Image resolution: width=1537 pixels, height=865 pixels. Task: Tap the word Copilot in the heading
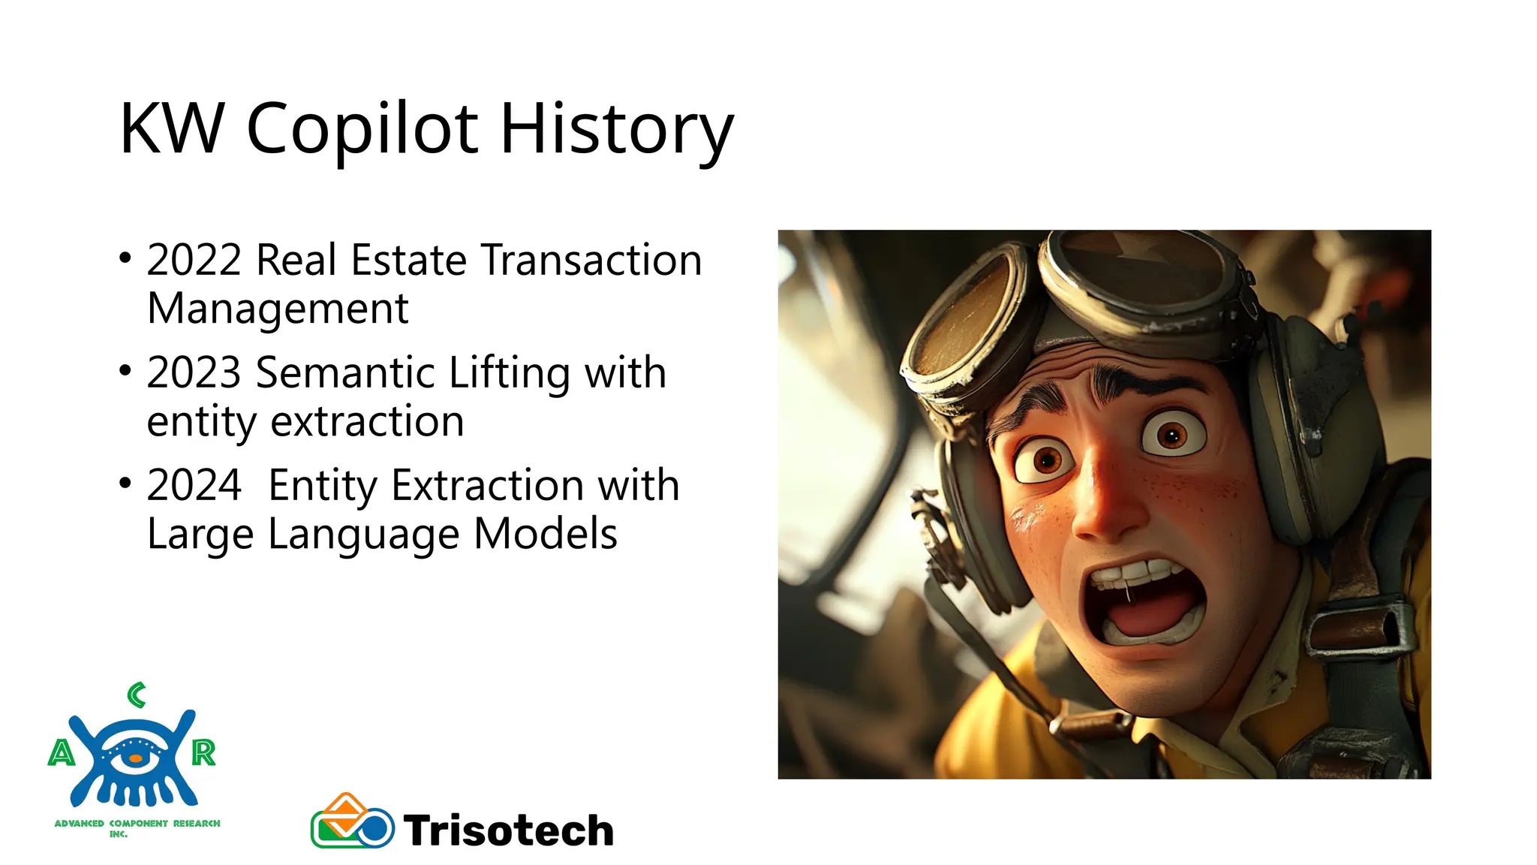click(x=362, y=129)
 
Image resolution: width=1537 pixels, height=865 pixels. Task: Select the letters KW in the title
click(x=172, y=129)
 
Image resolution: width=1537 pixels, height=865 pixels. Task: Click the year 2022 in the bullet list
click(x=194, y=261)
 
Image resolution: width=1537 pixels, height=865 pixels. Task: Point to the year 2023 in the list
click(x=194, y=373)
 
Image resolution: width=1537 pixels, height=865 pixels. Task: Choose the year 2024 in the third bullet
click(x=194, y=486)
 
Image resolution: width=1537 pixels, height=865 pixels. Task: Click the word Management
click(x=278, y=309)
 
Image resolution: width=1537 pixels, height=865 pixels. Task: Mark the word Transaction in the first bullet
click(x=591, y=261)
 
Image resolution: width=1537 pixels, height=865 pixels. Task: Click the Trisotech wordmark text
click(x=509, y=830)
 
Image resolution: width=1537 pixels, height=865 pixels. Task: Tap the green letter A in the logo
click(x=62, y=752)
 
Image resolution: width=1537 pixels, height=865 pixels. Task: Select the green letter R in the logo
click(x=203, y=752)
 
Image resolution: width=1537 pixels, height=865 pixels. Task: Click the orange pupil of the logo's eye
click(x=135, y=759)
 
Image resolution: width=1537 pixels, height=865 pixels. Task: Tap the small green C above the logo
click(x=136, y=695)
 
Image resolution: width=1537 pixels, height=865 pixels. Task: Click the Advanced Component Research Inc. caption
click(x=137, y=827)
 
